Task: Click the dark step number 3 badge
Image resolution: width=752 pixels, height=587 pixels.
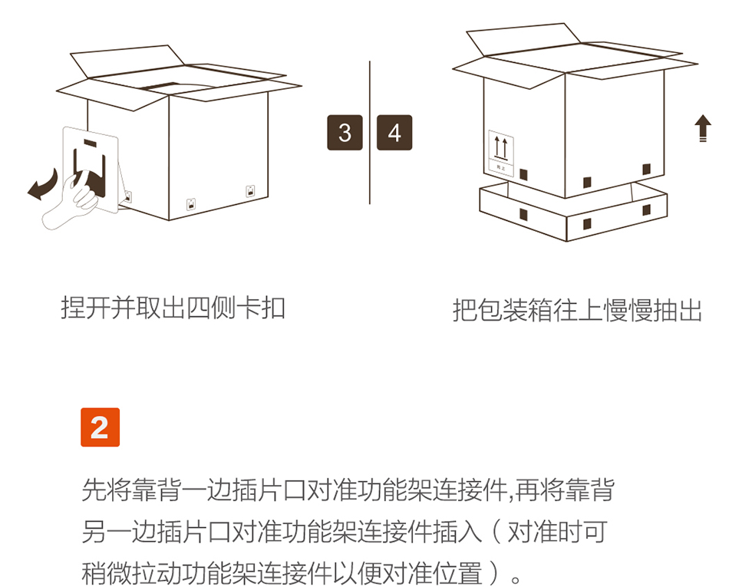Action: (x=345, y=132)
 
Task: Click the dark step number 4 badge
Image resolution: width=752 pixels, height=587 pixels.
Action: (x=394, y=132)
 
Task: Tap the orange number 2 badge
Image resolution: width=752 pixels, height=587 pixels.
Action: (x=100, y=427)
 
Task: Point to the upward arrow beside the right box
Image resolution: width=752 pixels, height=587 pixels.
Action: (x=703, y=128)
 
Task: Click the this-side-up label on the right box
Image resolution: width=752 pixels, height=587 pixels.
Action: (x=501, y=153)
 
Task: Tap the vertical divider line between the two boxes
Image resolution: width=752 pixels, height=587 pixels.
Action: (x=370, y=132)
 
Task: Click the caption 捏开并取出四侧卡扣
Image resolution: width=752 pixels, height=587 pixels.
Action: (x=173, y=308)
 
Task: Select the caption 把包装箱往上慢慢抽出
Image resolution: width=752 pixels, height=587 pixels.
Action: (x=577, y=310)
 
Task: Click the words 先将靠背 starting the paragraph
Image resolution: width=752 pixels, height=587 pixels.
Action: (x=131, y=490)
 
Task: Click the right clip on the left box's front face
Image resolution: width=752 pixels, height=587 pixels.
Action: (x=250, y=191)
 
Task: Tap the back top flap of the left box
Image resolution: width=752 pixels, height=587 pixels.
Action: (x=127, y=61)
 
